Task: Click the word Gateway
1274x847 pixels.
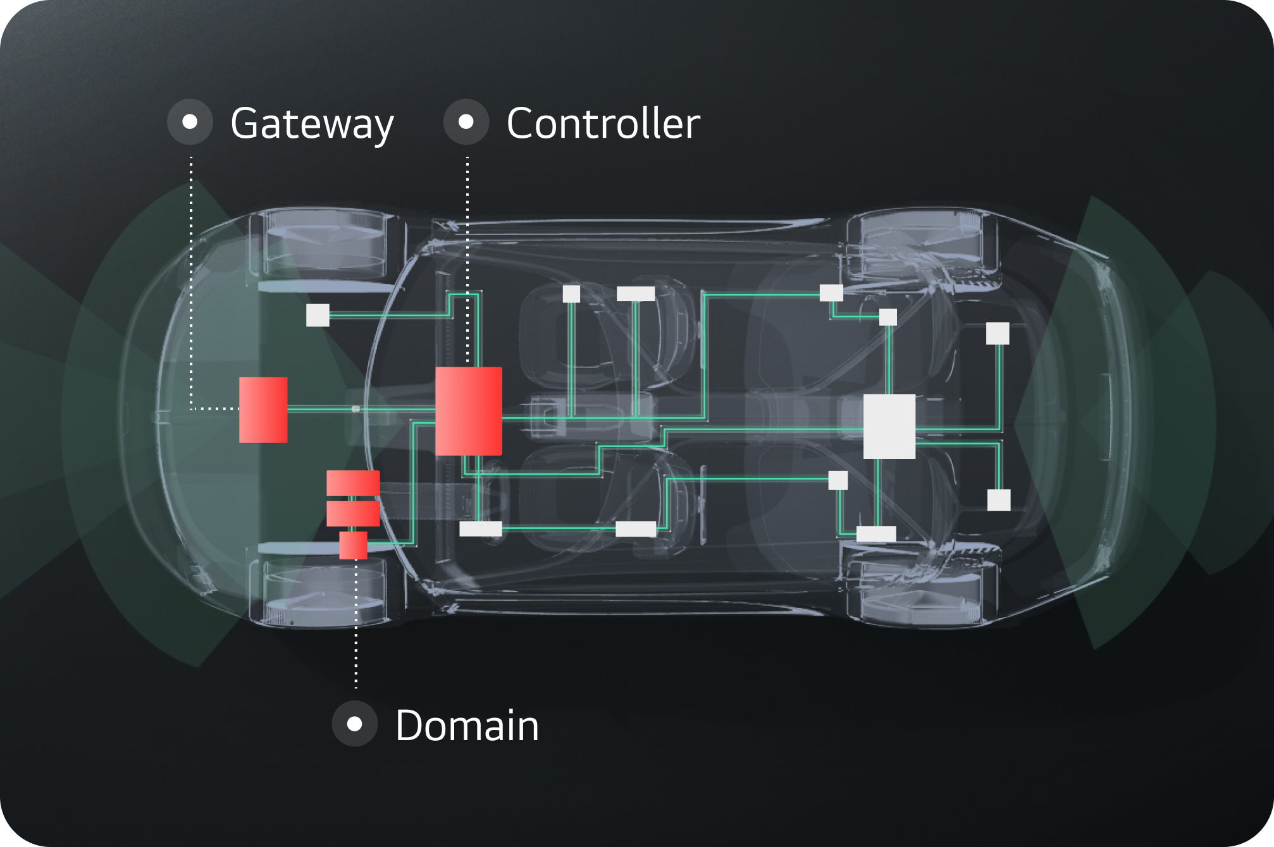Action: [312, 124]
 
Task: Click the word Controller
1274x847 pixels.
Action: [603, 123]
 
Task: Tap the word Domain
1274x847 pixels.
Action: [467, 726]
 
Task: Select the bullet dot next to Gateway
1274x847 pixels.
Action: [190, 121]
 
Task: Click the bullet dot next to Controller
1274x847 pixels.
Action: [466, 121]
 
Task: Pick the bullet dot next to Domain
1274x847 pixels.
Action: [355, 724]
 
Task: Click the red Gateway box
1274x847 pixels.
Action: [263, 410]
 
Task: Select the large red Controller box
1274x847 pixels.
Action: [469, 411]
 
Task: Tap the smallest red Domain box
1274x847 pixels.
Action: [353, 545]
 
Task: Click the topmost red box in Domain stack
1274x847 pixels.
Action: [353, 483]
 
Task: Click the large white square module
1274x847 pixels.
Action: [889, 426]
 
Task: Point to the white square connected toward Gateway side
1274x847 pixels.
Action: [318, 315]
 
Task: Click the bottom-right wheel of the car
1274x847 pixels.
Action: [920, 591]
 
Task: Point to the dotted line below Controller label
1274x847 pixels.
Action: [467, 253]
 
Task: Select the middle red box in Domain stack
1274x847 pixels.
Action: [353, 513]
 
